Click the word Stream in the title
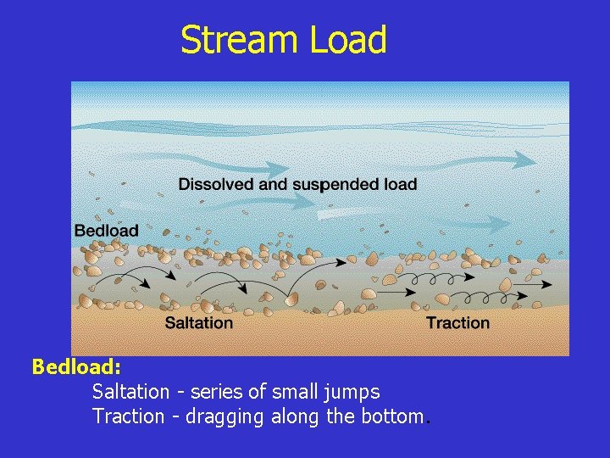coord(236,41)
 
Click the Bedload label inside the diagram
coord(106,230)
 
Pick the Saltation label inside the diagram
coord(198,322)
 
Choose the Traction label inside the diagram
coord(457,322)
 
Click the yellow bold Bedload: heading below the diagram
coord(76,367)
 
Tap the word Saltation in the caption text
coord(130,392)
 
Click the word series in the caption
coord(214,392)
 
